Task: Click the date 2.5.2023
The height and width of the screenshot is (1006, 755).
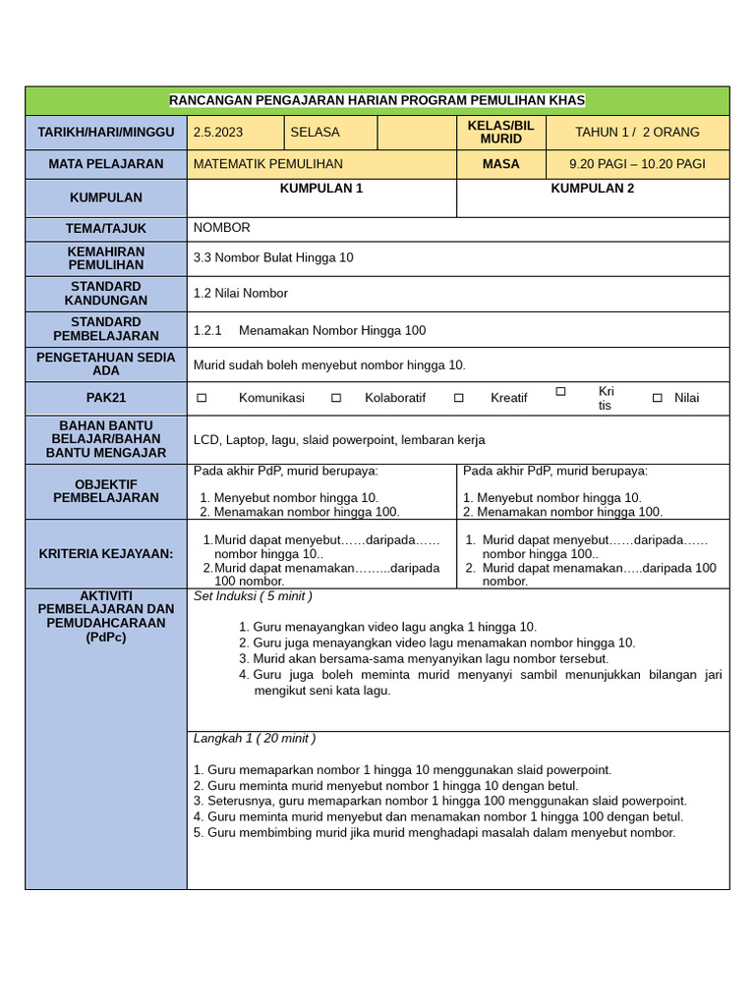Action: point(218,132)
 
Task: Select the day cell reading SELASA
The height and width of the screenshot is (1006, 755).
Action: point(315,132)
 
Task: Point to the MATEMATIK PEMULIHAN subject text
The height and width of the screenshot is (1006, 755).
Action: point(268,164)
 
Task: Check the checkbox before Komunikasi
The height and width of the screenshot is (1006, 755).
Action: point(202,398)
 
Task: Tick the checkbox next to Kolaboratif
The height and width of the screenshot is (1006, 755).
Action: point(336,398)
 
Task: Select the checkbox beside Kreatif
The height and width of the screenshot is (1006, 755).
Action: point(459,398)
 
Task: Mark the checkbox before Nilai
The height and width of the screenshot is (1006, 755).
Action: point(658,398)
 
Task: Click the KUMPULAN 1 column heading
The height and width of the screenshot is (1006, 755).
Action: point(321,188)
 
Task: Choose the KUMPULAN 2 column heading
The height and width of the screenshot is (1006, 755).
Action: point(593,188)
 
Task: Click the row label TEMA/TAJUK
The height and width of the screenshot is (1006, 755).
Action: point(106,229)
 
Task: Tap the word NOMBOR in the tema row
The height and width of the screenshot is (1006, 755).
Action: point(222,228)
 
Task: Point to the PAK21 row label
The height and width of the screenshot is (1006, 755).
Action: point(106,398)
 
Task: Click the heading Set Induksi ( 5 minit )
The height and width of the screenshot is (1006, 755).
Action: point(253,596)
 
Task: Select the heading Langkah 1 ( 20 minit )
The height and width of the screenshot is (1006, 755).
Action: point(255,738)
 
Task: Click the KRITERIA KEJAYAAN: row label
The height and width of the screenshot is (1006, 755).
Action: point(106,554)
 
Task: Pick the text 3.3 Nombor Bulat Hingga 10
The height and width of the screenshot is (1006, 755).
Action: point(273,257)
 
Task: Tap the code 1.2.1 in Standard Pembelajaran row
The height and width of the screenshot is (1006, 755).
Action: point(208,330)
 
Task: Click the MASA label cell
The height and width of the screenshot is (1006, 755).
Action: point(500,164)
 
